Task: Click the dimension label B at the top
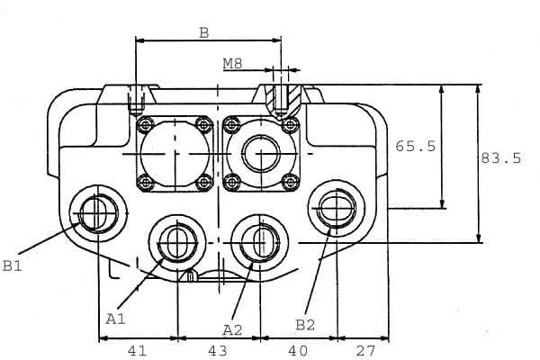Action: tap(204, 33)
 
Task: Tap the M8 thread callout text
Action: tap(234, 65)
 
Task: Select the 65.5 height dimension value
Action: tap(415, 145)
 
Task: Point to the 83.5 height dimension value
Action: tap(501, 158)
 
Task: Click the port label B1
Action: tap(12, 265)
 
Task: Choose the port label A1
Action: tap(115, 318)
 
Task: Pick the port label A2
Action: tap(232, 328)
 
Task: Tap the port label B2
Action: tap(305, 323)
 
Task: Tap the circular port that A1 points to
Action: tap(175, 241)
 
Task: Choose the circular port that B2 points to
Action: tap(334, 208)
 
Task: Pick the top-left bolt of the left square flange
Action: tap(142, 124)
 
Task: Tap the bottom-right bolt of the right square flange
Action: tap(289, 182)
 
